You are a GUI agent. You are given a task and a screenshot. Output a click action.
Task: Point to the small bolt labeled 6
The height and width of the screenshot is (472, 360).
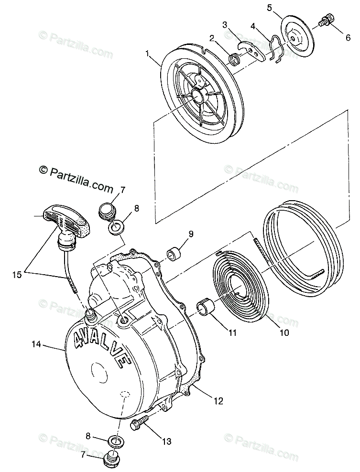tap(326, 21)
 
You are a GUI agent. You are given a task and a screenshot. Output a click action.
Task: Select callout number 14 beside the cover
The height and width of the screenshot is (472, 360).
tap(22, 343)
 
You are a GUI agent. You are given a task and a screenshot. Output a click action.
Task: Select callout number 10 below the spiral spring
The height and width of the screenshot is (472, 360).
tap(284, 333)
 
